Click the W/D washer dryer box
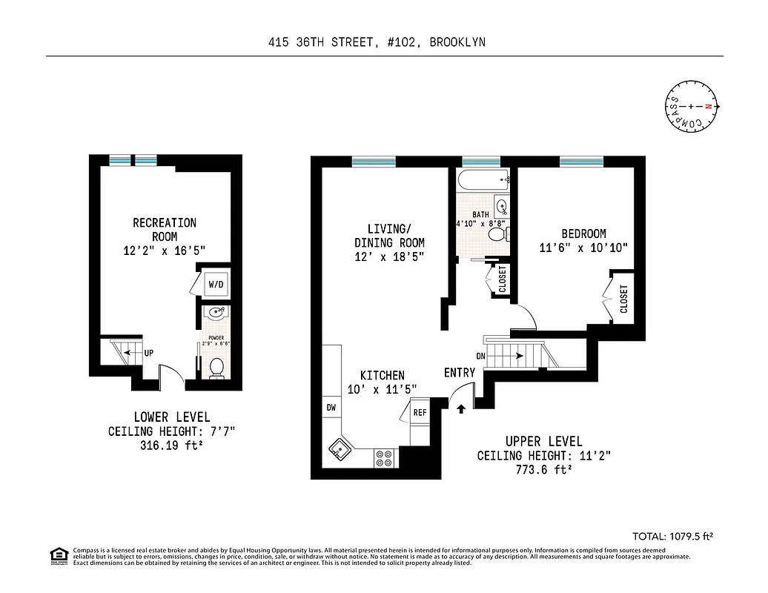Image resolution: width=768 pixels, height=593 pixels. tap(216, 284)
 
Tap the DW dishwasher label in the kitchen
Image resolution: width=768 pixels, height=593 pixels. tap(331, 408)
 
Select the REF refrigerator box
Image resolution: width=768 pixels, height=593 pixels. tap(420, 413)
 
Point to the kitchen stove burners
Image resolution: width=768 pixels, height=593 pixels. tap(385, 458)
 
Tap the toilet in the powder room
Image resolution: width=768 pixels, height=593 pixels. tap(216, 368)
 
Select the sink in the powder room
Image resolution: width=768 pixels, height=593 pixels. tap(216, 314)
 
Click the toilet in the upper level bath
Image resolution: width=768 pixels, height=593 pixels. tap(497, 235)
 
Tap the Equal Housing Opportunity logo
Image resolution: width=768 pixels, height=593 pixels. tap(58, 555)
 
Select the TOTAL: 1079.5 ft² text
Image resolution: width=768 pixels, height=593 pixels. tap(676, 535)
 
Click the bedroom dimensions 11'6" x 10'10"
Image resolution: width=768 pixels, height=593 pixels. tap(583, 248)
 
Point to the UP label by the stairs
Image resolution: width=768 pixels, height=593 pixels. tap(149, 354)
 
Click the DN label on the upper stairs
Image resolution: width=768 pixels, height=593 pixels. tap(481, 356)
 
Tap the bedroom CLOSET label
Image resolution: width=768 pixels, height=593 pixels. tap(623, 299)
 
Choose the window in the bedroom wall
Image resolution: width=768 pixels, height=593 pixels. tap(580, 161)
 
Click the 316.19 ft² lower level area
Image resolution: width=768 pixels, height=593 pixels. tap(172, 446)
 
